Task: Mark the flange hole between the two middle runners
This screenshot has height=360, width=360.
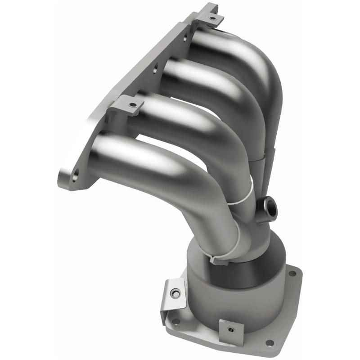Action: pyautogui.click(x=155, y=71)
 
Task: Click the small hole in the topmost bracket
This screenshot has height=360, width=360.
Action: pyautogui.click(x=214, y=19)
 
